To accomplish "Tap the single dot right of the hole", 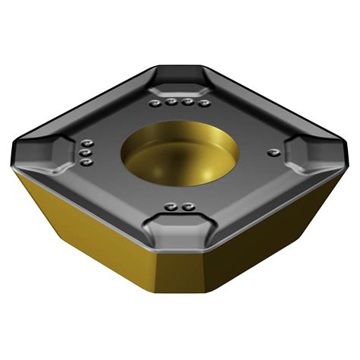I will pos(271,153).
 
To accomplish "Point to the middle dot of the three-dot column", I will pos(86,152).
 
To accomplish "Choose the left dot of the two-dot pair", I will pos(169,206).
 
